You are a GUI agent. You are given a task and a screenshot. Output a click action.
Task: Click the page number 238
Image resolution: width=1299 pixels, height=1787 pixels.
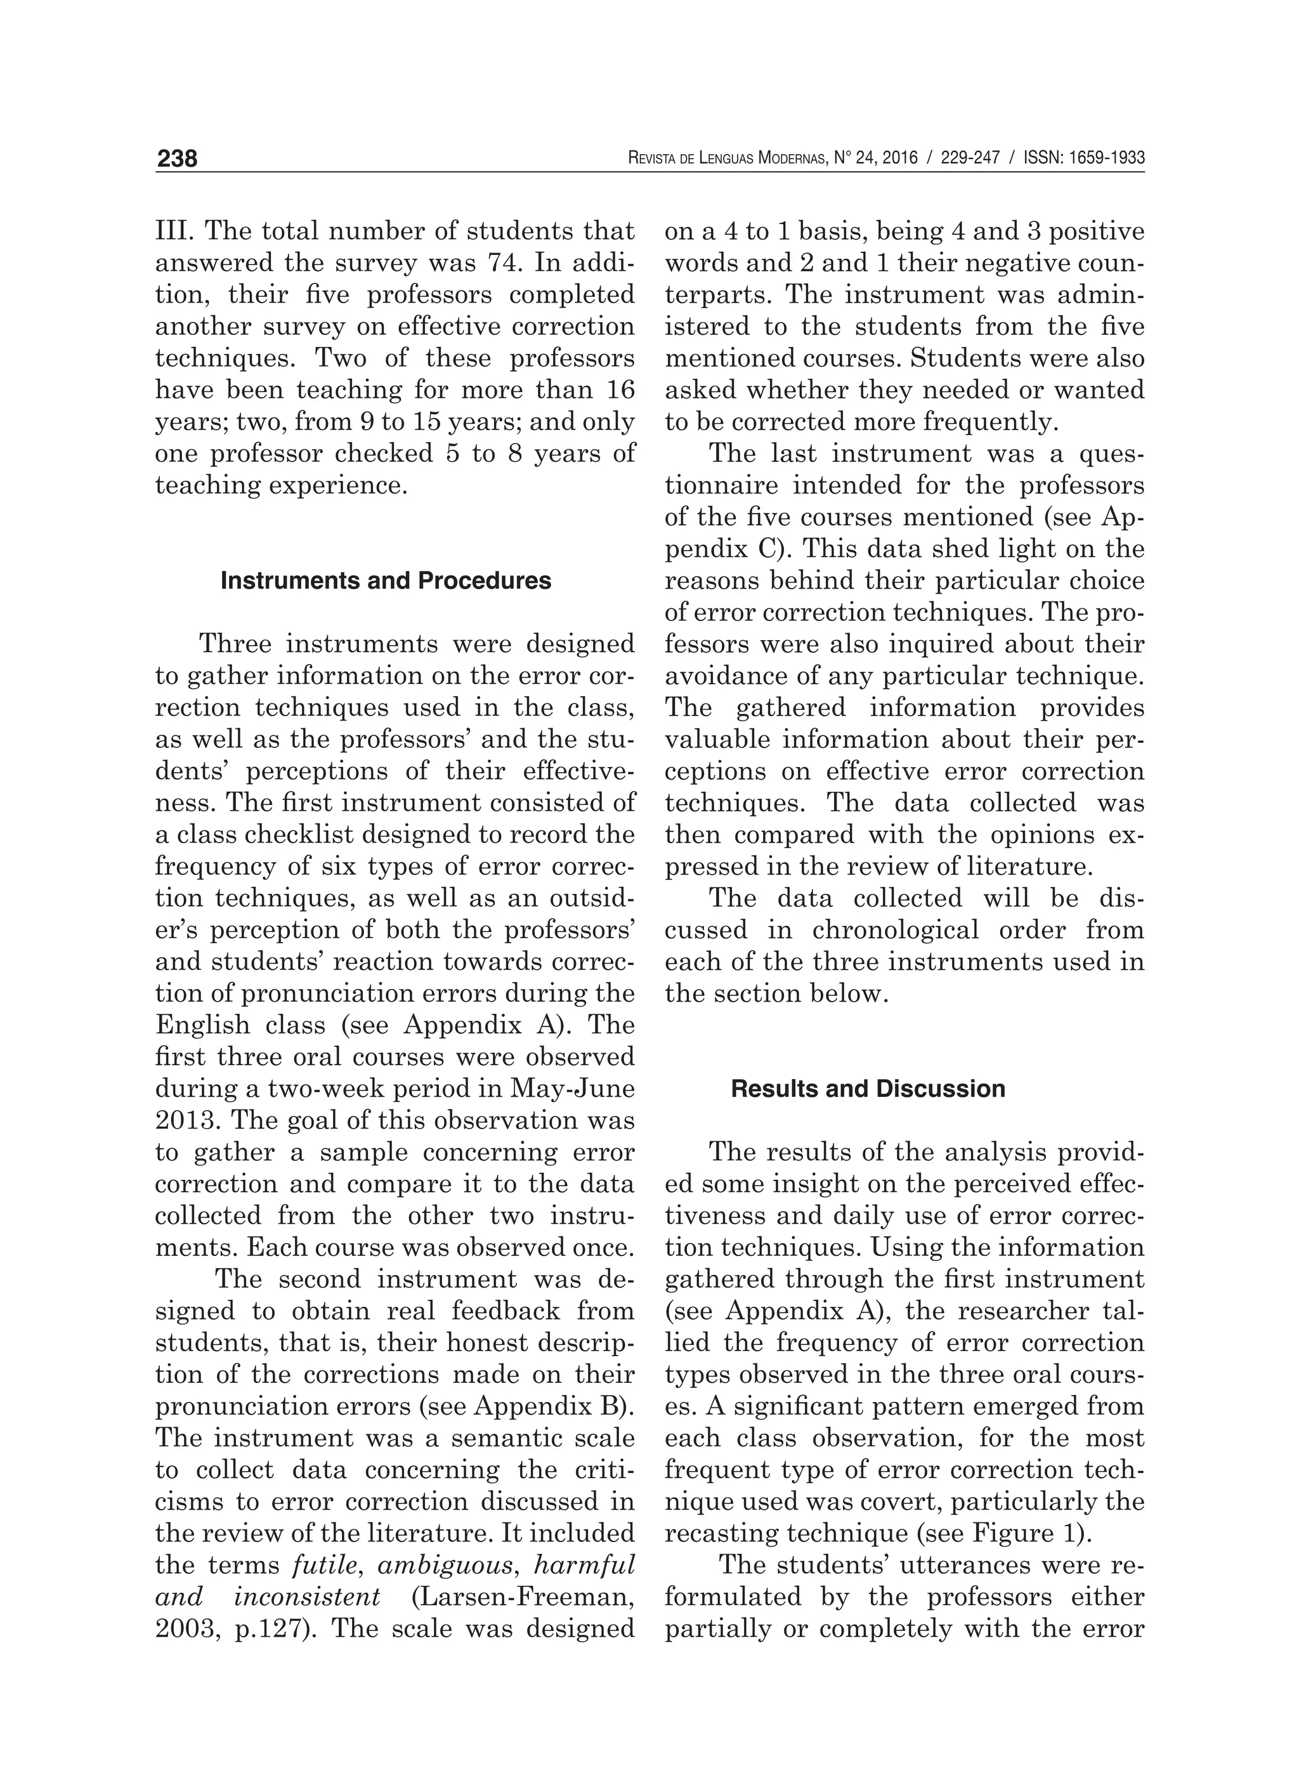tap(177, 159)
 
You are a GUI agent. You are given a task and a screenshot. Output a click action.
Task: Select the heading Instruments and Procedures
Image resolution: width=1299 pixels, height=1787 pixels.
tap(386, 580)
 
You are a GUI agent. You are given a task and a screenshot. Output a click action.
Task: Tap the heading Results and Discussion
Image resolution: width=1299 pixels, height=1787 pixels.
tap(868, 1089)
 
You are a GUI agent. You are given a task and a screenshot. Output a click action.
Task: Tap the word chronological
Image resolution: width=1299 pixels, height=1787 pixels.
tap(896, 930)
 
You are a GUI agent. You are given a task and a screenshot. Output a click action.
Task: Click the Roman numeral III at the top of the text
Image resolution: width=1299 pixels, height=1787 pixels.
tap(175, 231)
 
